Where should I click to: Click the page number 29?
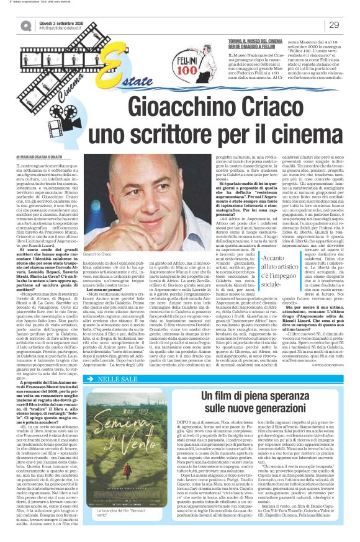333,25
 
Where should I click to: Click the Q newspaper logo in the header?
25,25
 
